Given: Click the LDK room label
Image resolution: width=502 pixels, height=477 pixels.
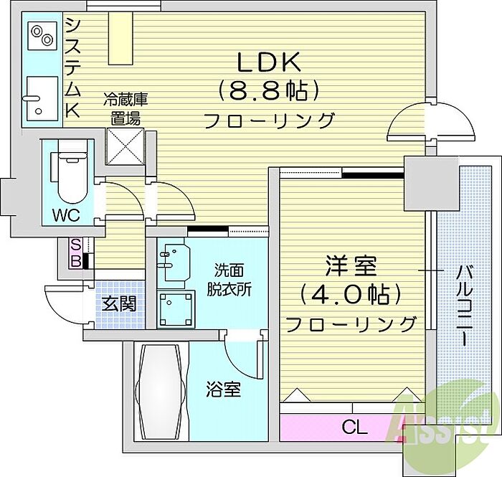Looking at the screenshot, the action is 268,62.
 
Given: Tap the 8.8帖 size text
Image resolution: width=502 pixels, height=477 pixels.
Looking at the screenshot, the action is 268,90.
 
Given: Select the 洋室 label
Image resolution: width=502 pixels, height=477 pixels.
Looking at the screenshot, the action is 351,266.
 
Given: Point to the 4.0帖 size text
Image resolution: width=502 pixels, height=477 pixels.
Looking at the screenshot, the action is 351,295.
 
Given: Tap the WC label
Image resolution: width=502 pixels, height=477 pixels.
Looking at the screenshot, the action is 66,215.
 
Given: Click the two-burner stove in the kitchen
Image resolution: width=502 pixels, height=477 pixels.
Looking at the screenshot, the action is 42,36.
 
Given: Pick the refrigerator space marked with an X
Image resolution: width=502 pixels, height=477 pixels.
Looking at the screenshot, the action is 126,146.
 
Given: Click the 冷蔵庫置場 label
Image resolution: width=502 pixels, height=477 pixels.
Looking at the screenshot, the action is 126,110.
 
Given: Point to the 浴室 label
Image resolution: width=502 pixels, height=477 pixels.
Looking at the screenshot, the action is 223,389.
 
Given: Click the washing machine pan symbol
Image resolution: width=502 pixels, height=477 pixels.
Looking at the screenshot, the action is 176,308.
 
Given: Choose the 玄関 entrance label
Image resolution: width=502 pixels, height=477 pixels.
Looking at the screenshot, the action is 120,304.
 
